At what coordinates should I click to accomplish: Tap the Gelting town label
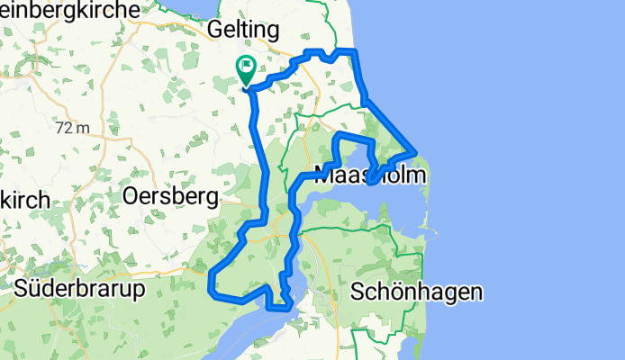243,30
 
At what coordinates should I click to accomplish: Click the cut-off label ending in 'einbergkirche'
70,8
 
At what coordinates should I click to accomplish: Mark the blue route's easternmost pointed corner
415,152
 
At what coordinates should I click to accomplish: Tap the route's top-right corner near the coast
355,52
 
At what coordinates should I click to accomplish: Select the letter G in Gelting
216,30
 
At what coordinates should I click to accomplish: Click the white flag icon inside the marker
245,66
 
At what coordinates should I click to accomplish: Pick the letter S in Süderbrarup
23,290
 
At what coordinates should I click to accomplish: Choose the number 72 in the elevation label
64,128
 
